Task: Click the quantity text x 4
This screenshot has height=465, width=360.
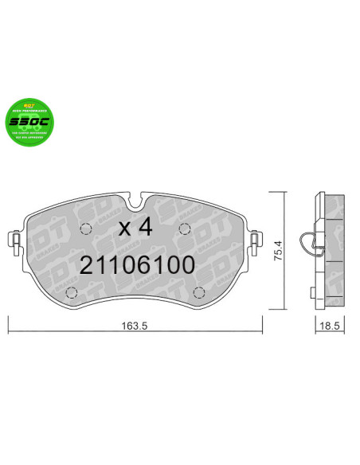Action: [135, 226]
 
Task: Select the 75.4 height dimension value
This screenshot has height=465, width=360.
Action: [278, 252]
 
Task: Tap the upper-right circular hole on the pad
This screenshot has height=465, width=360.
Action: [184, 229]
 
